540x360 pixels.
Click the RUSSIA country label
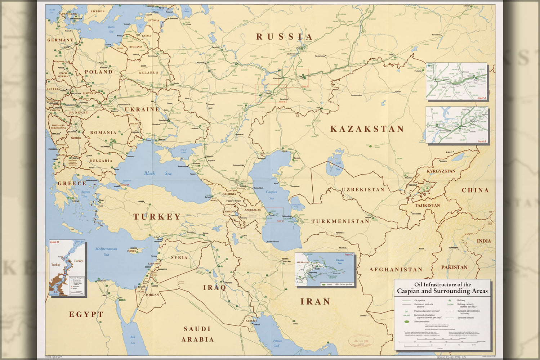click(285, 37)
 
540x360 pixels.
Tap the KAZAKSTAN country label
click(367, 129)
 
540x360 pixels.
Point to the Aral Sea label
click(338, 166)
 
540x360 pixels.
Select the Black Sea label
click(158, 173)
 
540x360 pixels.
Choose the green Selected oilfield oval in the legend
click(407, 321)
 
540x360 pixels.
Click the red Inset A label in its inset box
click(482, 98)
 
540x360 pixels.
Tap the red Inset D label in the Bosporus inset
click(54, 242)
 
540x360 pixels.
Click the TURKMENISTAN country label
click(340, 221)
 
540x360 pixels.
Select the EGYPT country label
click(86, 314)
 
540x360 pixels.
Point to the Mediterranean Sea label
click(106, 252)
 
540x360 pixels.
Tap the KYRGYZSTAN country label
click(441, 171)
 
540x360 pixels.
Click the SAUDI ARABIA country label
click(197, 334)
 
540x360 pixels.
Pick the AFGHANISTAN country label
click(396, 269)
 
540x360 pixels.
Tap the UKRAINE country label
click(142, 109)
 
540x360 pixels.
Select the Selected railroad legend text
click(465, 318)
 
